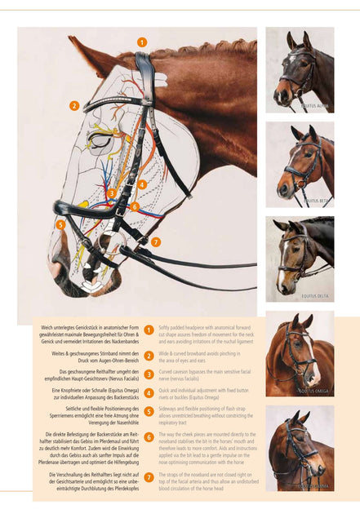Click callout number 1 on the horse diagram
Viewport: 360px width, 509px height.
[142, 42]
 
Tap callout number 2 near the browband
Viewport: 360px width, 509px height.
[73, 105]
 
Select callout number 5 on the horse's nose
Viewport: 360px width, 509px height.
[60, 224]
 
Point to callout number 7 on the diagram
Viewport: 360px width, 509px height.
[155, 241]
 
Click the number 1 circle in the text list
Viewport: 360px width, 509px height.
[149, 330]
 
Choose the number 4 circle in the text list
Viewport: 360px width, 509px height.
[149, 392]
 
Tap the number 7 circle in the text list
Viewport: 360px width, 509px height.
[149, 476]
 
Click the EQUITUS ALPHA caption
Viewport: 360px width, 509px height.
[314, 105]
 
